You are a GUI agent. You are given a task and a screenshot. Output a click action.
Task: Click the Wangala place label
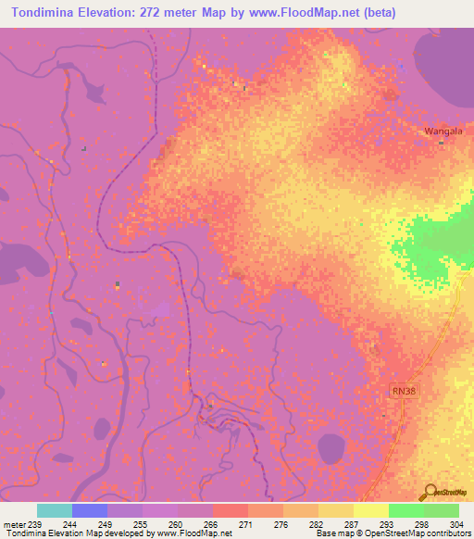click(442, 132)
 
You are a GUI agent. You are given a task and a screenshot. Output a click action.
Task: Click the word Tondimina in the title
click(48, 14)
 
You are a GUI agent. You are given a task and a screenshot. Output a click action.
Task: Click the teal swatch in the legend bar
click(55, 510)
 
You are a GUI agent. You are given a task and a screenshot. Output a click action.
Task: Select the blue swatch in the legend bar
click(90, 510)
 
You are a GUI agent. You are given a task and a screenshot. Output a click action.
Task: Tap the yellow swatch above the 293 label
click(371, 510)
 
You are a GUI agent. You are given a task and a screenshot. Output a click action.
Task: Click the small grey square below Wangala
click(443, 143)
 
